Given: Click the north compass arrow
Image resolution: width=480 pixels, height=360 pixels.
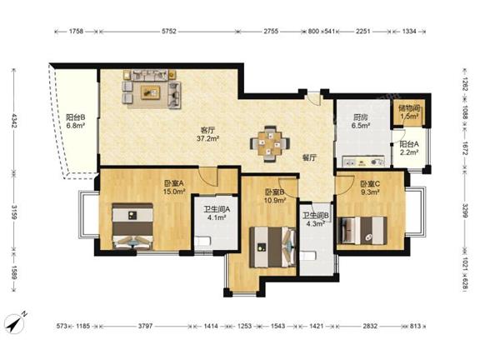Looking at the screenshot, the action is pos(16,323).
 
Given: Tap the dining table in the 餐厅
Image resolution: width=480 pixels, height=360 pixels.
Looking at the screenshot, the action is pos(270,143).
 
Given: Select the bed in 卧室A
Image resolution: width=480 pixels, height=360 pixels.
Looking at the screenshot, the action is pos(132,226).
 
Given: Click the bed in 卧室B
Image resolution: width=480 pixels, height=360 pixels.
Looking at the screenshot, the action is pos(272,247).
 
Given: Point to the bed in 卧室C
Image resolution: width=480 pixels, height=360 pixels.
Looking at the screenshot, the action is pos(362,230).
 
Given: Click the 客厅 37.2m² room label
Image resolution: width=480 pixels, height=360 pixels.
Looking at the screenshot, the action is pos(207,134).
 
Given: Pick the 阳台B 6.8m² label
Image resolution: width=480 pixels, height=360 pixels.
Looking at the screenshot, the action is pos(75,121).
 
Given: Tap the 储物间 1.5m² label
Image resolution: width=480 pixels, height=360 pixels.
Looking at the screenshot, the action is pos(409,112).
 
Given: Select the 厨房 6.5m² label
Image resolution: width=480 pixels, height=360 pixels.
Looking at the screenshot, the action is pos(360,121).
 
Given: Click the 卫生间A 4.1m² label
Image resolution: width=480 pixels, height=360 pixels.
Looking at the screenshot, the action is pos(217,213).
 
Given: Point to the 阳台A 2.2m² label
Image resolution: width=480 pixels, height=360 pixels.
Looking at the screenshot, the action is pos(409,147).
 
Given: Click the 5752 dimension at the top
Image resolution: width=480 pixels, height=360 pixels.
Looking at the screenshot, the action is pos(168,31).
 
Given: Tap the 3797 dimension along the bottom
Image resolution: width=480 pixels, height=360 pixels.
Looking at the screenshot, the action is pos(145,326).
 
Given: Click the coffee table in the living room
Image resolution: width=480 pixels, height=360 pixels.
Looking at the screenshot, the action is pos(151,92).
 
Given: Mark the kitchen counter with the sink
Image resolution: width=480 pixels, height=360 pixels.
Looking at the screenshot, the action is pos(363,162).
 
